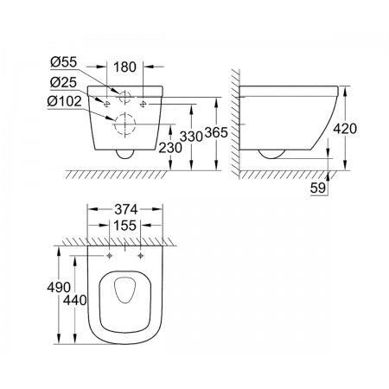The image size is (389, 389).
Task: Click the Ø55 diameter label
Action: coord(64,62)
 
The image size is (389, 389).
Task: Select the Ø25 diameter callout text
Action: coord(63,83)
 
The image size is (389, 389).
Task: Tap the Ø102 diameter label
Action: coord(65,102)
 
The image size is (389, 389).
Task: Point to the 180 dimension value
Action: coord(125,67)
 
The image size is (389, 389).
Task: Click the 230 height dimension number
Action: coord(170,148)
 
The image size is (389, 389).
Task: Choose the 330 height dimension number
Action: coord(191,137)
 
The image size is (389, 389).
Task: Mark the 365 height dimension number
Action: coord(216,132)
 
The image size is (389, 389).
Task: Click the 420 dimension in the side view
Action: coord(345,129)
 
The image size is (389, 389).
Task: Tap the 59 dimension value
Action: coord(318,188)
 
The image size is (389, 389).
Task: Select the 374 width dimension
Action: coord(126,209)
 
